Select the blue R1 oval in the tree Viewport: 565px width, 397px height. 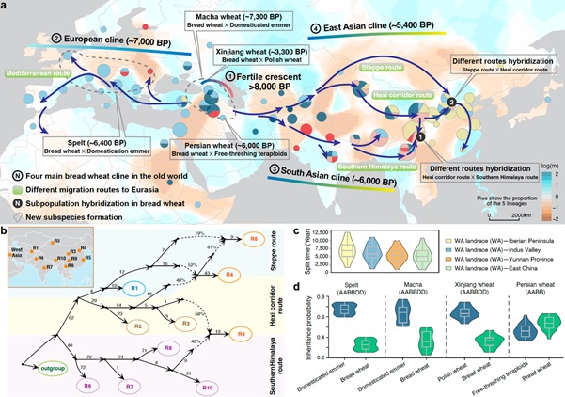pos(134,288)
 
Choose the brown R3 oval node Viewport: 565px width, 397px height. pos(177,324)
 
